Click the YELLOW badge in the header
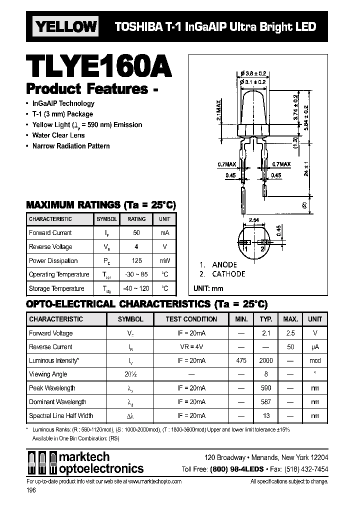(65, 26)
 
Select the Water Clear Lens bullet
(58, 135)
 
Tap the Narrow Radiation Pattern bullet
(71, 146)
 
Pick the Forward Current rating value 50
(136, 233)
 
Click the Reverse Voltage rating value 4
(136, 247)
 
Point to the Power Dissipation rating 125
(136, 260)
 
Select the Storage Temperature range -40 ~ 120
(136, 288)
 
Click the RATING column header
(136, 219)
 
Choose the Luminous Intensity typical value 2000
(266, 360)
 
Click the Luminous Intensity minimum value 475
(241, 360)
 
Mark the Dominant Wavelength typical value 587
(266, 402)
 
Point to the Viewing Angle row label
(48, 374)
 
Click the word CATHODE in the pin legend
(228, 274)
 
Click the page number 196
(31, 491)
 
